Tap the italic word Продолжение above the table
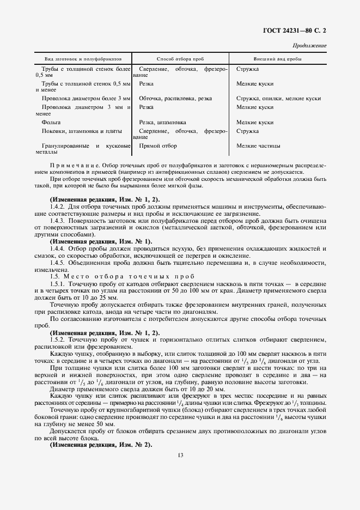point(309,46)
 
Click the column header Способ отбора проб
point(180,58)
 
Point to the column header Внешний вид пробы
point(278,58)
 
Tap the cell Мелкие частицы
point(259,146)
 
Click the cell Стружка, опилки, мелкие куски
point(278,99)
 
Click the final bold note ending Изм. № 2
point(101,445)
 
